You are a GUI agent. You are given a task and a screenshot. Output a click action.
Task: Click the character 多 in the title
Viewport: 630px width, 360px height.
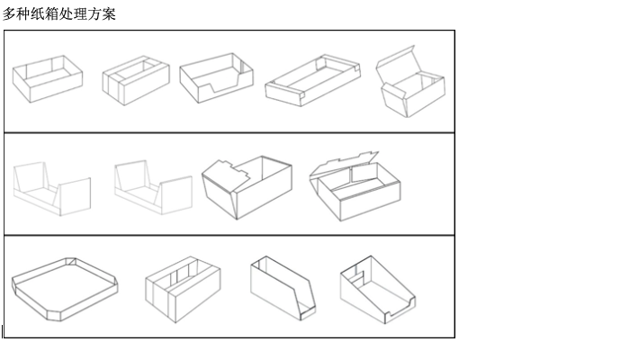tap(9, 14)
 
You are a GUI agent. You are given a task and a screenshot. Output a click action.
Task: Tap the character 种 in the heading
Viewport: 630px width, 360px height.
tap(23, 14)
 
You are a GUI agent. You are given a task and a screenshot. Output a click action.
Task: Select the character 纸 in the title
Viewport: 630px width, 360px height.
tap(38, 14)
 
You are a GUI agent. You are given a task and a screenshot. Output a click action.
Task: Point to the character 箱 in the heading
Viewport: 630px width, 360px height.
tap(52, 14)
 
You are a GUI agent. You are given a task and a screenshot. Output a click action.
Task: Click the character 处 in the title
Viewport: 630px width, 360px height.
tap(66, 14)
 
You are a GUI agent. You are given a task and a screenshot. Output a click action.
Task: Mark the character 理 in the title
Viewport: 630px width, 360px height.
tap(80, 14)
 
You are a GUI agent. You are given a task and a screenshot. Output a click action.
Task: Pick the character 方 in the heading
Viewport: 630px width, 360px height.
tap(94, 14)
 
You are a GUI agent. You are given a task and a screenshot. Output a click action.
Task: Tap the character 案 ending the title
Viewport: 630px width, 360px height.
tap(109, 14)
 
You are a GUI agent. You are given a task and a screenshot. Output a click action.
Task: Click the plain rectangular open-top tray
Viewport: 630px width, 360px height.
tap(48, 79)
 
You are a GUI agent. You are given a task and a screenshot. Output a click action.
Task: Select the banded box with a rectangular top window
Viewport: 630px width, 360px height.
tap(136, 81)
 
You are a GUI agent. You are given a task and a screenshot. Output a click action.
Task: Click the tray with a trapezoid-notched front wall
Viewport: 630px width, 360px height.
tap(216, 78)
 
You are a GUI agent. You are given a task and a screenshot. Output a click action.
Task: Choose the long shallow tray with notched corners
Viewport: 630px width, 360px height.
tap(312, 81)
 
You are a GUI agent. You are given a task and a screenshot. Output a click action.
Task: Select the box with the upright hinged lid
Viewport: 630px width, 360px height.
tap(410, 82)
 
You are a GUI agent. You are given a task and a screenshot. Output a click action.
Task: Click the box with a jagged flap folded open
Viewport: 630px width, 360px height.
tap(247, 187)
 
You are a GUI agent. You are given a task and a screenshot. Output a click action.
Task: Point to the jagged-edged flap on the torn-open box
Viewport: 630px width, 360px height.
tap(226, 175)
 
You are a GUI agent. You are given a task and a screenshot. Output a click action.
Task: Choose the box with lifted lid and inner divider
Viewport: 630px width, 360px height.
tap(355, 186)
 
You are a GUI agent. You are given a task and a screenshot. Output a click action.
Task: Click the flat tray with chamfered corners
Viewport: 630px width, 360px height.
tap(65, 289)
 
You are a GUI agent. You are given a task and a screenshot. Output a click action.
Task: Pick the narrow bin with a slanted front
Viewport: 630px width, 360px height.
tap(283, 288)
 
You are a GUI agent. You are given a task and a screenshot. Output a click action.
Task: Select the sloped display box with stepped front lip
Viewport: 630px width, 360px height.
tap(378, 290)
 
